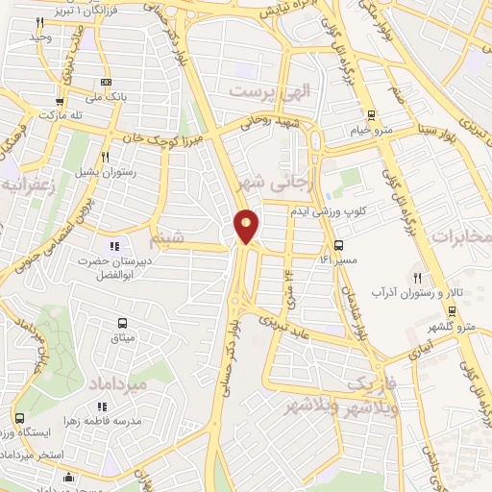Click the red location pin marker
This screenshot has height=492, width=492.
pyautogui.click(x=247, y=226)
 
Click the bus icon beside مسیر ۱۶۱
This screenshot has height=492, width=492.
pyautogui.click(x=338, y=245)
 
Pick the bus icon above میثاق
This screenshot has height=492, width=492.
pyautogui.click(x=122, y=323)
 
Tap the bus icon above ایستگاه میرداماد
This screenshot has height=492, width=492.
pyautogui.click(x=21, y=419)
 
